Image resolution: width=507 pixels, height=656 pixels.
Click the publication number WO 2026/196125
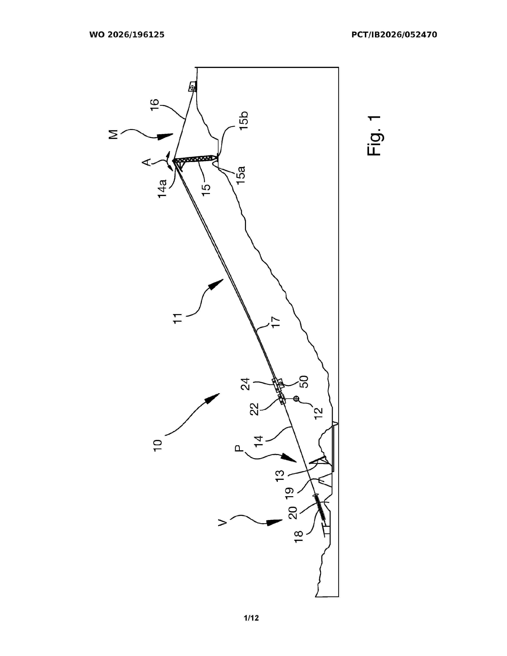(127, 35)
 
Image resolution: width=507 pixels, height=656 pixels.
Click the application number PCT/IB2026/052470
(394, 35)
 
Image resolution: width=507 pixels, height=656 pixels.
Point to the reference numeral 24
(245, 384)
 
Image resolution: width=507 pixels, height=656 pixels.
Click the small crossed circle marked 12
(296, 399)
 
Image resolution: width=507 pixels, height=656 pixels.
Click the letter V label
(222, 523)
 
